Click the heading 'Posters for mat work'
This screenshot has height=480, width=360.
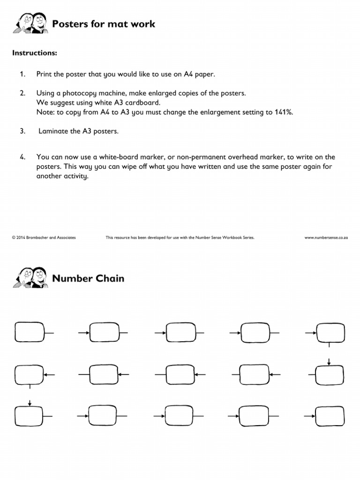pos(103,23)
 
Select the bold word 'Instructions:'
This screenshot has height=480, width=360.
pos(34,53)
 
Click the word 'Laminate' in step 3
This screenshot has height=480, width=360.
pos(53,131)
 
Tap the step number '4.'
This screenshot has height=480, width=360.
pos(22,157)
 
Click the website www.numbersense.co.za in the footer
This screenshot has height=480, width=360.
pos(326,238)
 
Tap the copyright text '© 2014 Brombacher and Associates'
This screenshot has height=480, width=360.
pos(44,238)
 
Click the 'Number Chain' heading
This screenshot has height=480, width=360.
pos(88,278)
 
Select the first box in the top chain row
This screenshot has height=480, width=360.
pos(30,332)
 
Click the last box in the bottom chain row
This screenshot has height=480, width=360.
pos(330,416)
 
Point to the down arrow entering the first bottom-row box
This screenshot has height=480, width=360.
pos(30,403)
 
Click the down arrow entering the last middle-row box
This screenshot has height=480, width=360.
pos(329,361)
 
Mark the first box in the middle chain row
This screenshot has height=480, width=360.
pos(30,374)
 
